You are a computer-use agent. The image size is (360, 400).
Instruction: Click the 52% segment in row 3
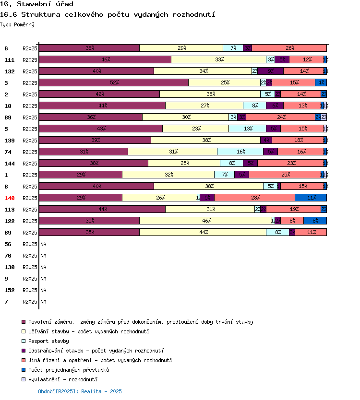point(114,82)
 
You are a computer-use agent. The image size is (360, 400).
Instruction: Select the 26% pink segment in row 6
point(289,48)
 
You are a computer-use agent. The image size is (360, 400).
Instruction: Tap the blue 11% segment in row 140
point(311,198)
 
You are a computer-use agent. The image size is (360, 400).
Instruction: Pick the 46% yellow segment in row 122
point(205,221)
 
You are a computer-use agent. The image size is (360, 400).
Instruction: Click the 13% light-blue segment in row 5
point(248,129)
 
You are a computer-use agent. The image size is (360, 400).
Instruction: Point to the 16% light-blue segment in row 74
point(240,152)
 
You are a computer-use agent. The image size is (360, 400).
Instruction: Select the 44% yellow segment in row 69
point(203,232)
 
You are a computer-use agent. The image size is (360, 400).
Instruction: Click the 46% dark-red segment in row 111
point(105,59)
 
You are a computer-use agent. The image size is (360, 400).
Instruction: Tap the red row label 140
point(10,198)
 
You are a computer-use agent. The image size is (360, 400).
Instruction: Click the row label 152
point(10,290)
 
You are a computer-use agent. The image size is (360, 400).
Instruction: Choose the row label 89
point(8,118)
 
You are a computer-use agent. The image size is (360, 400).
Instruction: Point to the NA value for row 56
point(43,244)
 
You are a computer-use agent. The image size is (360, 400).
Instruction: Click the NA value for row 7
point(43,302)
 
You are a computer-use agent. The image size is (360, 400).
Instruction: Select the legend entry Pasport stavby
point(48,341)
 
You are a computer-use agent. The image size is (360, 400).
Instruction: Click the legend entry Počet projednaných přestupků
point(69,370)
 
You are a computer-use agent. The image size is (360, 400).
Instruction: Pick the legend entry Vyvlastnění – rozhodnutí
point(63,379)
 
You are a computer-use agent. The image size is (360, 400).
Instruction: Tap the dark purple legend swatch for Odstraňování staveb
point(24,351)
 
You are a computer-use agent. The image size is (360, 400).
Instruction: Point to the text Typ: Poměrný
point(17,24)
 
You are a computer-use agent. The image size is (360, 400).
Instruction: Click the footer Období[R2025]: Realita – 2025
point(80,391)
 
